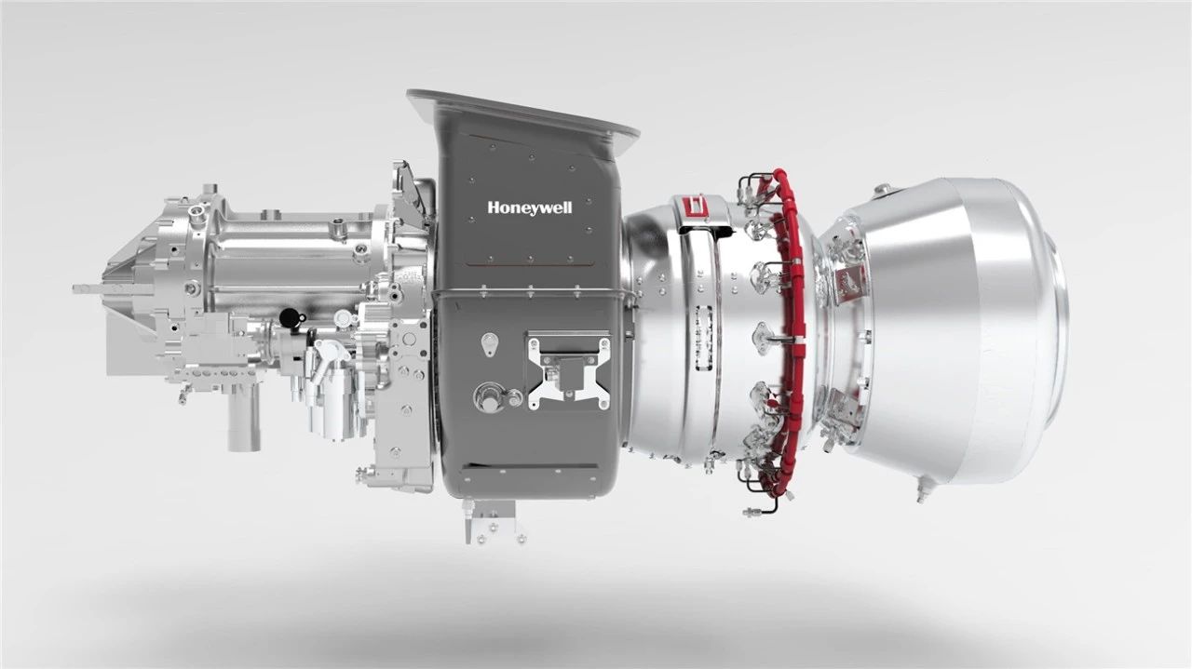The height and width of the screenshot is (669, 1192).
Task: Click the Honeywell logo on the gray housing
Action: [530, 207]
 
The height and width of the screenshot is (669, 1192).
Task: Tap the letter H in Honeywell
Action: [493, 207]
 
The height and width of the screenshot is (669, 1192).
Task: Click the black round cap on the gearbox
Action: [290, 318]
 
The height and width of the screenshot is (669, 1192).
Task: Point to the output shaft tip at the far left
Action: [75, 288]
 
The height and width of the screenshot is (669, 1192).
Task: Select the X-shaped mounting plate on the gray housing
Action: [569, 371]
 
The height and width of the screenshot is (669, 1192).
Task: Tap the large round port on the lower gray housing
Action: [487, 397]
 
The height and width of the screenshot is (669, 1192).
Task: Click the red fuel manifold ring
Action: [790, 329]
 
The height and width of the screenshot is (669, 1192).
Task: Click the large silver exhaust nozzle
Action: [953, 329]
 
